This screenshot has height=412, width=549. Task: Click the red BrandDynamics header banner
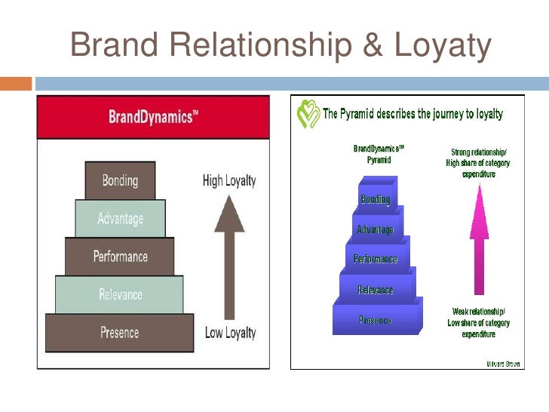153,118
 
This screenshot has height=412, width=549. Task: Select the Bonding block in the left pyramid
120,180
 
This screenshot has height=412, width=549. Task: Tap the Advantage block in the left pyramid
120,219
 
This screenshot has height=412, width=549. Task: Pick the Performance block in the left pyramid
120,257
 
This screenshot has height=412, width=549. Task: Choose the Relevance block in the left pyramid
120,294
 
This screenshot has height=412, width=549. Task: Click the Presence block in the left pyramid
120,332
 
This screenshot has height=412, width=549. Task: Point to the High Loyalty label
229,180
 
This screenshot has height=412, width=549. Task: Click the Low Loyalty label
230,332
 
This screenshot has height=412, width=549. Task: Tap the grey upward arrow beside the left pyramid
229,257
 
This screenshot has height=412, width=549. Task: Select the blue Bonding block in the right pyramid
376,199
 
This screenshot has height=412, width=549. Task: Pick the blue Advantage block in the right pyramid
376,229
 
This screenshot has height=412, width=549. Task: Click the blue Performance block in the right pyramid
376,259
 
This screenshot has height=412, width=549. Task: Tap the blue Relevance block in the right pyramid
376,290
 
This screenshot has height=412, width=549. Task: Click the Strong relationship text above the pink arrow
478,162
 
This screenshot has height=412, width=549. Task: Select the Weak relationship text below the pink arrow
479,322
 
